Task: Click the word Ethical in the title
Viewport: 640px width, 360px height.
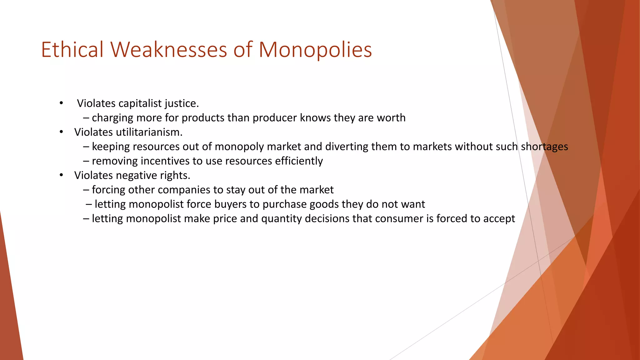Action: pos(72,50)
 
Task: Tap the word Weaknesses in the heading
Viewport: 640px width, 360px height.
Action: pos(168,50)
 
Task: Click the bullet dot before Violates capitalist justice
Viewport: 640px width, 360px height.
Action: pos(62,103)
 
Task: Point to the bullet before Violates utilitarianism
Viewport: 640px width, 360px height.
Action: pos(62,132)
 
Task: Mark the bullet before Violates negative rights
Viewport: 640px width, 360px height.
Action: pos(62,175)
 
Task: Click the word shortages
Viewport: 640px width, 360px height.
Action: pos(544,147)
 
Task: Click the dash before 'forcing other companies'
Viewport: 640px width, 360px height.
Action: pos(86,190)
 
